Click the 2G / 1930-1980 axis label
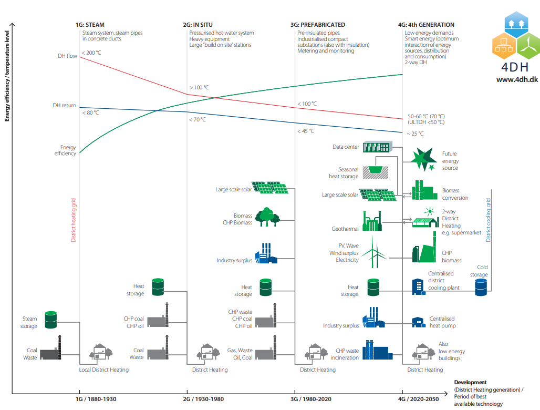click(204, 399)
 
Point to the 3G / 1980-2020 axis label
click(311, 399)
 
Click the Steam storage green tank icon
click(50, 320)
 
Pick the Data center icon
click(378, 147)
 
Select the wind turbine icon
click(374, 251)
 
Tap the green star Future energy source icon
click(423, 159)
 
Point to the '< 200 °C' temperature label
click(91, 53)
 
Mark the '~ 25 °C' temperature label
click(415, 134)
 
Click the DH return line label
click(64, 105)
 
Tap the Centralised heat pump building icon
click(418, 322)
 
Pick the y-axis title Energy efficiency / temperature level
click(7, 76)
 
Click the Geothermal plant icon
click(371, 221)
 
